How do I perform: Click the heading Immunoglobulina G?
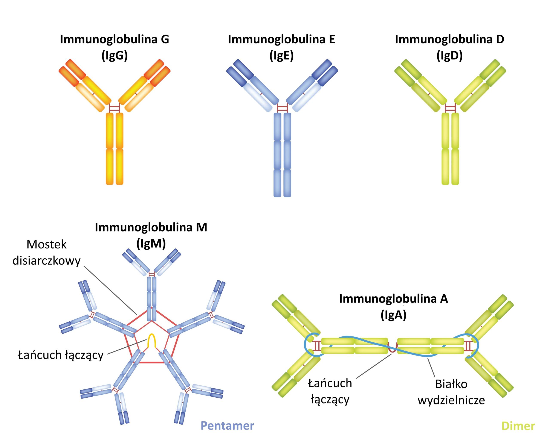[114, 39]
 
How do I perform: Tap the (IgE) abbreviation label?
[281, 56]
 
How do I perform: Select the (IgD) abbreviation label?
[449, 56]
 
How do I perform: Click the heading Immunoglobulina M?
[151, 227]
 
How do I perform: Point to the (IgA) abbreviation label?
[393, 315]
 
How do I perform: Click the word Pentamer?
[227, 425]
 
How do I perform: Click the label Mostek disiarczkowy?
[46, 253]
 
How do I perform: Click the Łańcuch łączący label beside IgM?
[61, 355]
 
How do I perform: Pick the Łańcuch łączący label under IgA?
[330, 391]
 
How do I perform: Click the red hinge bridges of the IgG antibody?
[115, 108]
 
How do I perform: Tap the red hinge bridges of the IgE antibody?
[282, 108]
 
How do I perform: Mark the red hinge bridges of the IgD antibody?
[450, 108]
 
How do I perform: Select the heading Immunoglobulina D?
[449, 39]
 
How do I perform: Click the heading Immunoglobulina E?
[281, 39]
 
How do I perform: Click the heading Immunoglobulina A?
[393, 299]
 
